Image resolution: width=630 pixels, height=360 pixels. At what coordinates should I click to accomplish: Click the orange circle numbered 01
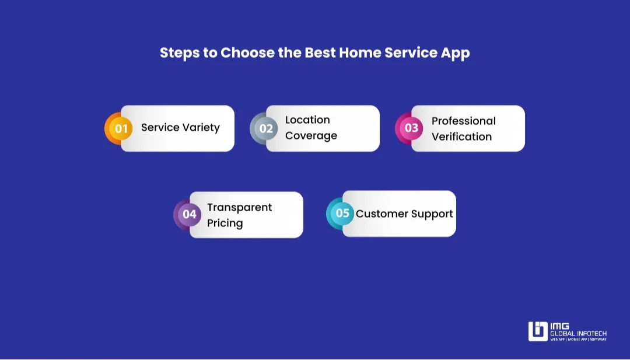pyautogui.click(x=121, y=128)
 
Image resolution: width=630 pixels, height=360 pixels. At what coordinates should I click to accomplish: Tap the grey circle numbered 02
pyautogui.click(x=266, y=128)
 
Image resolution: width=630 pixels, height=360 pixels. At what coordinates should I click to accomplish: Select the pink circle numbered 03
pyautogui.click(x=411, y=128)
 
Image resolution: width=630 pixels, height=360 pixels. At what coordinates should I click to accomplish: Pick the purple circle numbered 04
pyautogui.click(x=190, y=214)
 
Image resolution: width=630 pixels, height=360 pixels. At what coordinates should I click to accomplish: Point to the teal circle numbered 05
pyautogui.click(x=342, y=214)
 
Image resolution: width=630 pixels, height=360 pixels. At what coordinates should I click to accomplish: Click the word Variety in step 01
pyautogui.click(x=200, y=128)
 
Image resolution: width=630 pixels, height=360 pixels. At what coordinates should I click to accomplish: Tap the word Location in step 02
pyautogui.click(x=307, y=120)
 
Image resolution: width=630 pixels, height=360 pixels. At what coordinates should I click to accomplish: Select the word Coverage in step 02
pyautogui.click(x=311, y=136)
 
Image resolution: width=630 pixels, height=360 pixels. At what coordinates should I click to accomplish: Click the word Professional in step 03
pyautogui.click(x=463, y=121)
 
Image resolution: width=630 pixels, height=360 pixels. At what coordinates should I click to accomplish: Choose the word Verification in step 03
pyautogui.click(x=461, y=137)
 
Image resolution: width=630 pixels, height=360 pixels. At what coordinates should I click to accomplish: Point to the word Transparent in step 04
pyautogui.click(x=239, y=208)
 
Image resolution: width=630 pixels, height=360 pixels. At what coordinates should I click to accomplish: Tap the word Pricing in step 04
pyautogui.click(x=225, y=223)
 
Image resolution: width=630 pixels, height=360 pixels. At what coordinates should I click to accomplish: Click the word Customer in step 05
pyautogui.click(x=379, y=214)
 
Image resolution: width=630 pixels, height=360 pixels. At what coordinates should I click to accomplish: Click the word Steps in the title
pyautogui.click(x=180, y=53)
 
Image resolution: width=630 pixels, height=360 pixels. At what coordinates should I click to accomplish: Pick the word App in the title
pyautogui.click(x=456, y=53)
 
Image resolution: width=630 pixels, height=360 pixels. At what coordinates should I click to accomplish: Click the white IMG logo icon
pyautogui.click(x=537, y=331)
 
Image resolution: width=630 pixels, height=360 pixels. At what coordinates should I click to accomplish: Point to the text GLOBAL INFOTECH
pyautogui.click(x=578, y=334)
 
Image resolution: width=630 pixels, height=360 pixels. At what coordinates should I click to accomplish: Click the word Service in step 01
pyautogui.click(x=159, y=128)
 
